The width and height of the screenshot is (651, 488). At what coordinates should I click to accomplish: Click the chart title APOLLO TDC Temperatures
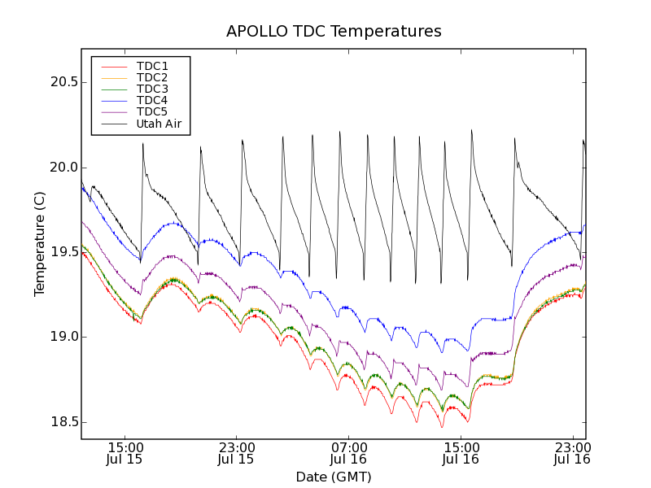point(334,32)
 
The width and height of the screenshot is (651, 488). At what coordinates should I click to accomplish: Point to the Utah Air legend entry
point(159,124)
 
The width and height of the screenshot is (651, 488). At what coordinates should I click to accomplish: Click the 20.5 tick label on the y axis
point(62,82)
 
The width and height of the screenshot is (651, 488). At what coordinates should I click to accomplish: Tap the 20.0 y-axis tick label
point(62,167)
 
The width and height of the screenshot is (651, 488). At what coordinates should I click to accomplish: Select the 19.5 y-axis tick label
point(62,252)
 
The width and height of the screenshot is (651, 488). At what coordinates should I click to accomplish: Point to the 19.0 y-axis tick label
point(62,337)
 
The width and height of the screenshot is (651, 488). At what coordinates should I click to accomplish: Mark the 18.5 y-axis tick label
point(62,422)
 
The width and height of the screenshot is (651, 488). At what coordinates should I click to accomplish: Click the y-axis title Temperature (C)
point(40,244)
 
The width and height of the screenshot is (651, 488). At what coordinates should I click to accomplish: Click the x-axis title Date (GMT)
point(334,477)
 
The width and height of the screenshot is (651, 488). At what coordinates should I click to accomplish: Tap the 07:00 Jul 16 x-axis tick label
point(348,453)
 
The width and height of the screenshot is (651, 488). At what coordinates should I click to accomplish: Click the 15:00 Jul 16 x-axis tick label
point(461,453)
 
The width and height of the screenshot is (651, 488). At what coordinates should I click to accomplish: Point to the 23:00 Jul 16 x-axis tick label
point(572,453)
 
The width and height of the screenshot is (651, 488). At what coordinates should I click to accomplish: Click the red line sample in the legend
point(113,66)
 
